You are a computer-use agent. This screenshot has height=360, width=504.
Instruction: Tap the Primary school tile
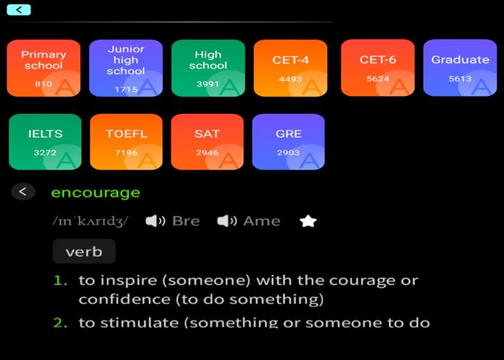coord(44,68)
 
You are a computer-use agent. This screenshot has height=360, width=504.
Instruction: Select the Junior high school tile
coord(126,68)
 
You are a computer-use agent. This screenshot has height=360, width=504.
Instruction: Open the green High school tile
coord(208,68)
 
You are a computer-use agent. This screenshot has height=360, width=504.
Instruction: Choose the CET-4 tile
coord(290,68)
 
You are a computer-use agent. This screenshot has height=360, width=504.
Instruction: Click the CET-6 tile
coord(377,68)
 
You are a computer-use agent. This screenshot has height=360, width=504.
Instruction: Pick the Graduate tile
coord(460,68)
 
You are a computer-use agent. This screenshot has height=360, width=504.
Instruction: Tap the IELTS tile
coord(45,142)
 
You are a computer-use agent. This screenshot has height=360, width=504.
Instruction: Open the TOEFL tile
coord(127,142)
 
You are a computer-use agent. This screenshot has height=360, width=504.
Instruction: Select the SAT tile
coord(208,142)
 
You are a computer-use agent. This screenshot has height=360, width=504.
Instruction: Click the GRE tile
coord(289,142)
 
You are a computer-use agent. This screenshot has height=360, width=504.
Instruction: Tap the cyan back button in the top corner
coord(19,10)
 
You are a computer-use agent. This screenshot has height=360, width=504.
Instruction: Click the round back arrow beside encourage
coord(23,192)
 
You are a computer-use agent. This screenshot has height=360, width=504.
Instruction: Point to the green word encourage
coord(95,193)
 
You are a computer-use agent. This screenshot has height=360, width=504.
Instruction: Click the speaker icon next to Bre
coord(155,221)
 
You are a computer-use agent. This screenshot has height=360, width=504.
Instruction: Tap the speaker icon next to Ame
coord(227,221)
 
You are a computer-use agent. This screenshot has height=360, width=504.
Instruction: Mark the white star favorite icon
coord(308,221)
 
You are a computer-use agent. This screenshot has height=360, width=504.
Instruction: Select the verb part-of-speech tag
coord(84,251)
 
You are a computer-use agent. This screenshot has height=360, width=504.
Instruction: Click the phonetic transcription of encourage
coord(91,221)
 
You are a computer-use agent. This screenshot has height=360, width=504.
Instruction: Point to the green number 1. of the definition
coord(61,281)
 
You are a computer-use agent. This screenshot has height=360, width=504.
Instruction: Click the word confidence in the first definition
coord(124,299)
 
